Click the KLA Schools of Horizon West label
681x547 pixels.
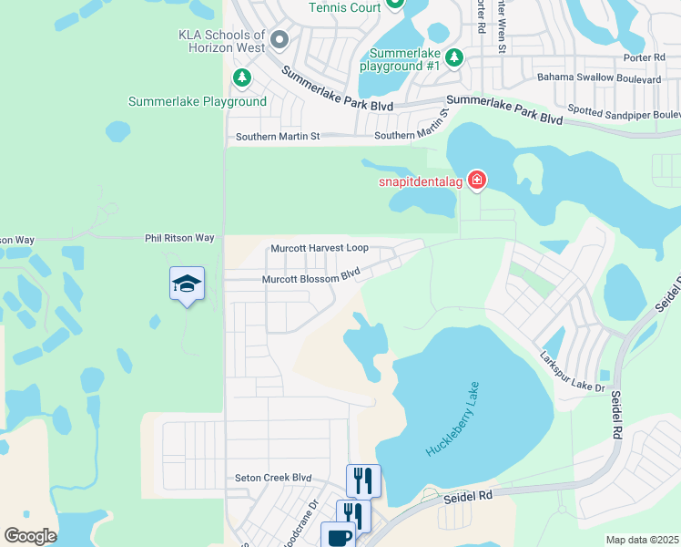tap(222, 41)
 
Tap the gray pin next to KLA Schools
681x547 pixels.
tap(280, 40)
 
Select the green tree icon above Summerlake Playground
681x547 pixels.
tap(241, 78)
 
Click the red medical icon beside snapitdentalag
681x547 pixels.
tap(476, 181)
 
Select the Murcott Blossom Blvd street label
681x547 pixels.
tap(311, 278)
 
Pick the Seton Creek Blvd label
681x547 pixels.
tap(273, 477)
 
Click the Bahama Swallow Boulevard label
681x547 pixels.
tap(597, 79)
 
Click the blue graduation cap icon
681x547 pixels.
tap(187, 285)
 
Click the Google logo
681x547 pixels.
tap(30, 536)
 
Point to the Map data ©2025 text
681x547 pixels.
tap(641, 540)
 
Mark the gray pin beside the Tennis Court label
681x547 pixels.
tap(395, 4)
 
